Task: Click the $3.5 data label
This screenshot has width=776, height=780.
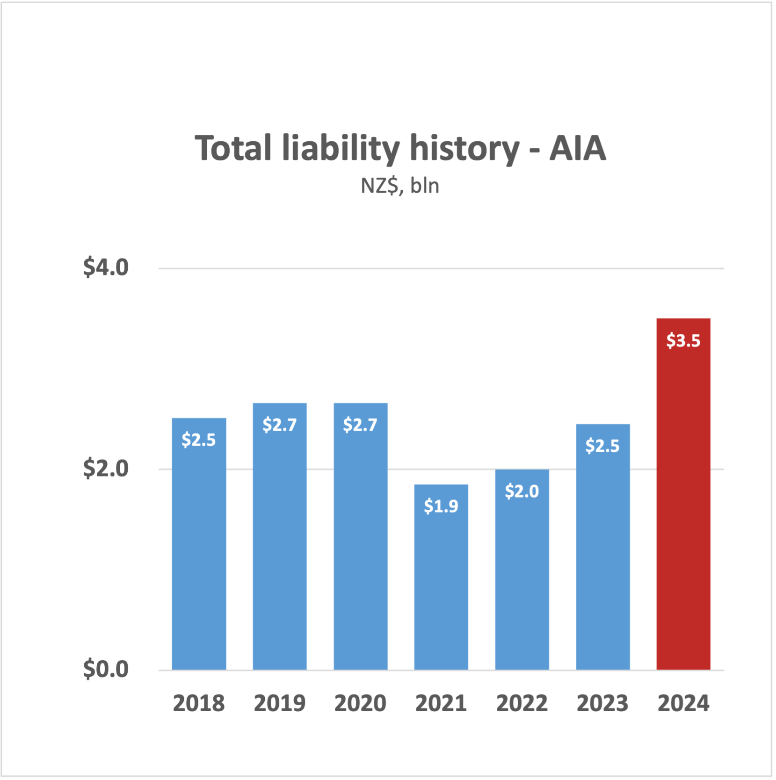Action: point(683,341)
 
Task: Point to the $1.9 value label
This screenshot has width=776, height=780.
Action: point(441,506)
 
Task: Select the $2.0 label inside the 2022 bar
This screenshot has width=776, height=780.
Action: point(522,491)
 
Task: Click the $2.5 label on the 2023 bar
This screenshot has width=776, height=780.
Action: point(602,446)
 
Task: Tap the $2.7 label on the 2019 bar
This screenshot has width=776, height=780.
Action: point(279,425)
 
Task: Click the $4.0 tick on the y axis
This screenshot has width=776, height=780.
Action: point(106,267)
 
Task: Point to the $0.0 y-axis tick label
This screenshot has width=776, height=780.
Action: point(106,669)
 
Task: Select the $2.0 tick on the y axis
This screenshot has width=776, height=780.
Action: point(106,469)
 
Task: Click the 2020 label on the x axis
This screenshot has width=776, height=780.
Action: point(360,703)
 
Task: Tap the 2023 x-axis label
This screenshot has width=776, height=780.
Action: point(602,703)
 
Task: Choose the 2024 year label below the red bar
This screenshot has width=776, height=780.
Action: point(683,703)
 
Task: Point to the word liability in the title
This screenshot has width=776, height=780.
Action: point(341,148)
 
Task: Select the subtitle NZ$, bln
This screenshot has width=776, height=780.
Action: point(400,186)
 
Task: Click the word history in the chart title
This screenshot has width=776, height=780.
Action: point(464,148)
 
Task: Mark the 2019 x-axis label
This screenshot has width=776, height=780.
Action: point(279,703)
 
